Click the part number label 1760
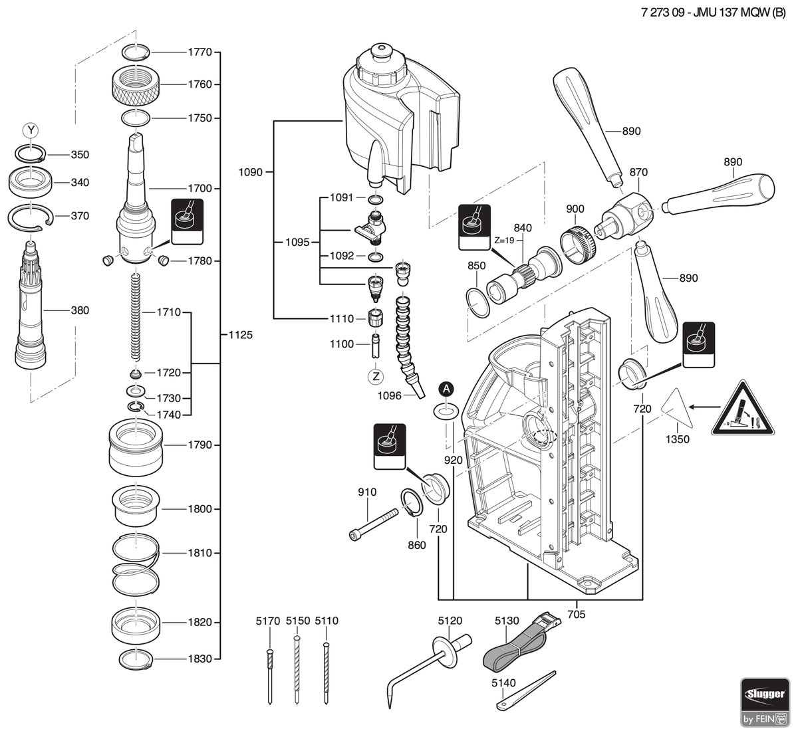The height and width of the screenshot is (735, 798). pos(199,84)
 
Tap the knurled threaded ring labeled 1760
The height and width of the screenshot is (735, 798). pos(136,84)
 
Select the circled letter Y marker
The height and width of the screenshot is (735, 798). pos(31,130)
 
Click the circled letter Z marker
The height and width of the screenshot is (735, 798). pos(376,376)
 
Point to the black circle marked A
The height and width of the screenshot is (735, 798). pos(446,389)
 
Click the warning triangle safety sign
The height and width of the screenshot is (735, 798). pos(743,407)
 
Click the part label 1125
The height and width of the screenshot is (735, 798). pos(241,335)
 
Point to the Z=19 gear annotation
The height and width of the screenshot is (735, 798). pos(504,240)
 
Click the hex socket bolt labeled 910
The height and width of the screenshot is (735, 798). pos(374,524)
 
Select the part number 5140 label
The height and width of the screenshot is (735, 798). pos(503,683)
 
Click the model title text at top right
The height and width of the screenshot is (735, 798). pos(714,13)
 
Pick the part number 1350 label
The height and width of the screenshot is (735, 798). pos(677,439)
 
